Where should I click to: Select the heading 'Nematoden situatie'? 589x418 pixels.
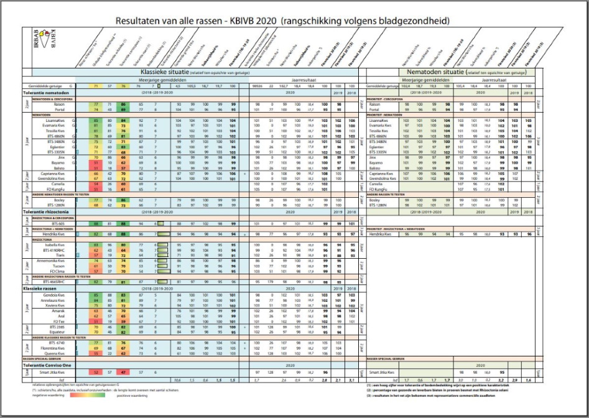pos(448,73)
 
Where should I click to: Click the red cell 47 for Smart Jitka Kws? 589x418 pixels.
pos(124,371)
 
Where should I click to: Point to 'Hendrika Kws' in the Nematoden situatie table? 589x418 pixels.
pos(381,234)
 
